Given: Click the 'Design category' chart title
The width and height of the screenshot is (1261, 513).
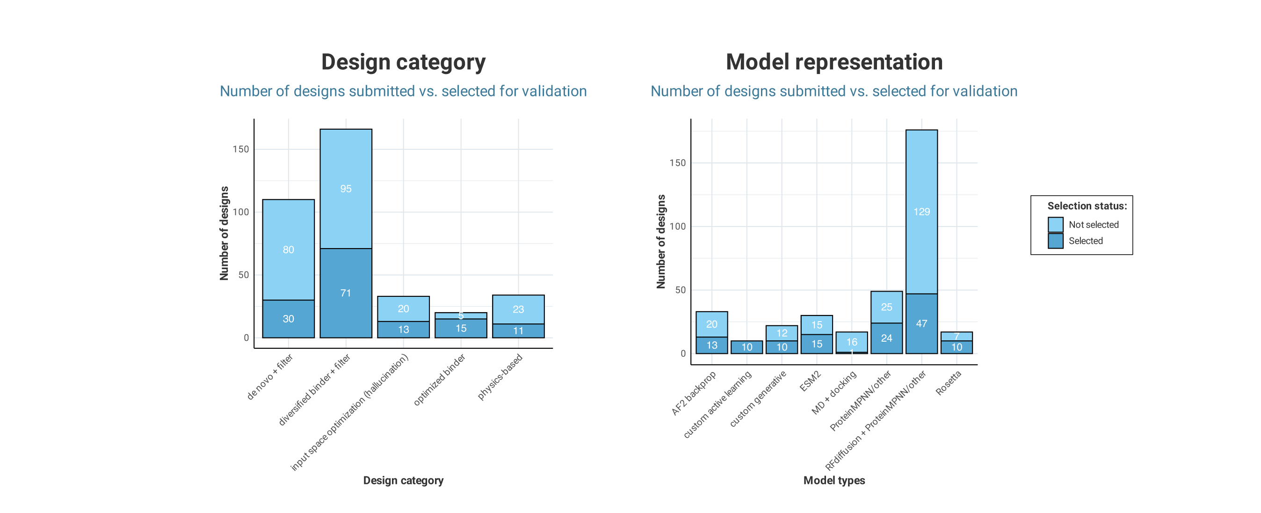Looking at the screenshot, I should pyautogui.click(x=403, y=62).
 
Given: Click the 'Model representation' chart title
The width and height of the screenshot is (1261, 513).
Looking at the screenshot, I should pyautogui.click(x=833, y=62).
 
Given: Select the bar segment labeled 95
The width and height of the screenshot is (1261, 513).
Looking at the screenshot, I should pyautogui.click(x=346, y=189).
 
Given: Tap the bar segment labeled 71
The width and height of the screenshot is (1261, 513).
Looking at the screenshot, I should pyautogui.click(x=346, y=293).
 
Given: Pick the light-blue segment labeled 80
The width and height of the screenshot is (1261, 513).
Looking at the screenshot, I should pyautogui.click(x=288, y=249).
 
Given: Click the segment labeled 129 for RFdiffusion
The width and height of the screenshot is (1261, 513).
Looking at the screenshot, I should pyautogui.click(x=921, y=212).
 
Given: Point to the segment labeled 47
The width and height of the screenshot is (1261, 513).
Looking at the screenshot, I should pyautogui.click(x=921, y=323).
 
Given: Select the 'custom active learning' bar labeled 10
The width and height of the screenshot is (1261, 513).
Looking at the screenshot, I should pyautogui.click(x=746, y=347).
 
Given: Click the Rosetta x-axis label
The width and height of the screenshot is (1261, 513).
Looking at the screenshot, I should pyautogui.click(x=948, y=383).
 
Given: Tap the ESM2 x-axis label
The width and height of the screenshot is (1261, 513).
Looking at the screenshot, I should pyautogui.click(x=810, y=381).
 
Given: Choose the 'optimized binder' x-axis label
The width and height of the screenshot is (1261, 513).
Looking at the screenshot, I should pyautogui.click(x=439, y=380).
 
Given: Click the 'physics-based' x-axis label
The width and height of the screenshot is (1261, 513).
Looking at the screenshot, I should pyautogui.click(x=500, y=376).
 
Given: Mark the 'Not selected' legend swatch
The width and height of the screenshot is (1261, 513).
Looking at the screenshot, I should pyautogui.click(x=1055, y=224).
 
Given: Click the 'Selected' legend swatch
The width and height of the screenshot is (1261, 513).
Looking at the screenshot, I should pyautogui.click(x=1055, y=241).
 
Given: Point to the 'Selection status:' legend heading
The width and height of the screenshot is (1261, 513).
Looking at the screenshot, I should pyautogui.click(x=1086, y=206).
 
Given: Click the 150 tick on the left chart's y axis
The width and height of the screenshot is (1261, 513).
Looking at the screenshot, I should pyautogui.click(x=240, y=149).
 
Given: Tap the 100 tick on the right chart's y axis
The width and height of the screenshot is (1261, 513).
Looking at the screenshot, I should pyautogui.click(x=677, y=227).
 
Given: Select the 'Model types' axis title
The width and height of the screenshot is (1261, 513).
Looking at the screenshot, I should pyautogui.click(x=833, y=480).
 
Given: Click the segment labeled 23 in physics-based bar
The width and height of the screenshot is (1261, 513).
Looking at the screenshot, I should pyautogui.click(x=518, y=309).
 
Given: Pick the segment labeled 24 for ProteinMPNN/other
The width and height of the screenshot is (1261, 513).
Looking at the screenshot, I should pyautogui.click(x=886, y=338).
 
